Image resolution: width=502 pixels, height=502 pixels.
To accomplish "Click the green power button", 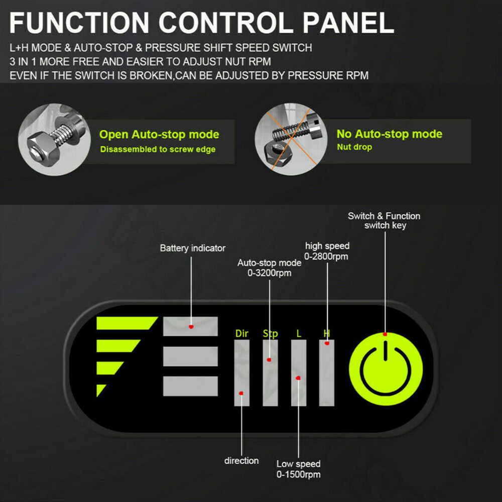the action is [386, 370].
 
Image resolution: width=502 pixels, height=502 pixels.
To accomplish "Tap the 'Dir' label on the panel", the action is [242, 333].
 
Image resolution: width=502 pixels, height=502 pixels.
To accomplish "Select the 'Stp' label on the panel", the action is [270, 334].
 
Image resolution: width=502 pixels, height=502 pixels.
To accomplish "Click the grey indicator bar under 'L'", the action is [299, 373].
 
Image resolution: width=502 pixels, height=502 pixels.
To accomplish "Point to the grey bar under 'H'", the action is [327, 373].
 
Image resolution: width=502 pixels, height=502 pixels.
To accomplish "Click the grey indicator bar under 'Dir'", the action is [241, 373].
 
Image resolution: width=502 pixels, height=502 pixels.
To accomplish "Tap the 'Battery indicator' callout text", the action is [193, 248].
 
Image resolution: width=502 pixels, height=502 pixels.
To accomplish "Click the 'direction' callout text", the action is [241, 460].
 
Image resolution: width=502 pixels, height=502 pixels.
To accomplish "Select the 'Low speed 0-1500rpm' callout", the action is [298, 469].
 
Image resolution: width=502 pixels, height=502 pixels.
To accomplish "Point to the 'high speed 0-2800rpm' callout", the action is [327, 251].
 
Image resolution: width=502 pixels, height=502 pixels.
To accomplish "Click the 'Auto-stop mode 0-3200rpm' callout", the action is [270, 268].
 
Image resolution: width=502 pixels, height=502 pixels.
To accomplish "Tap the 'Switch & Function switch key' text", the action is [384, 220].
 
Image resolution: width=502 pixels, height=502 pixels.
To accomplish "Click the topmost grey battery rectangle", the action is [191, 326].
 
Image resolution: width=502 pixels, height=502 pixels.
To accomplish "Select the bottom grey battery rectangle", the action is [191, 386].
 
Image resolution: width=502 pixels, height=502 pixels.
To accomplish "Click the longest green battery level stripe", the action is [125, 323].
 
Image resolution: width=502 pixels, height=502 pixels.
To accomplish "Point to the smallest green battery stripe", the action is [101, 390].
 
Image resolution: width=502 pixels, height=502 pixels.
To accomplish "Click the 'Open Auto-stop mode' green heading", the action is [159, 135].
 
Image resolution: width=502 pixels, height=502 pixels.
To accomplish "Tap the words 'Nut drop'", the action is [354, 147].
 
